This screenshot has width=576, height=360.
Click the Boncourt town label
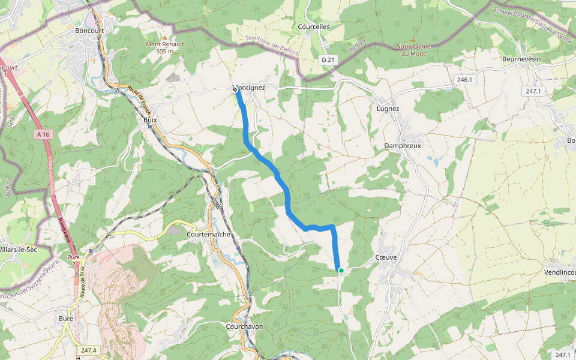click(91, 30)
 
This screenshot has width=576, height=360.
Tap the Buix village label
click(150, 119)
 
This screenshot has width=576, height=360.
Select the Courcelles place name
click(314, 26)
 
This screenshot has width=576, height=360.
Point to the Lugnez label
click(388, 109)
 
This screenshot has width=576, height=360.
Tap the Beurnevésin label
click(521, 59)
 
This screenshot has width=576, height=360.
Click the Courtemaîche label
click(209, 233)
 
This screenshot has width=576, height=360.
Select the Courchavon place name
click(244, 326)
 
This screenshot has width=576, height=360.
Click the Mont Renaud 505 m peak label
click(164, 47)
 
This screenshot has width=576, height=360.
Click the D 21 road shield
click(327, 59)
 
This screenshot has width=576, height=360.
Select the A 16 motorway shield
click(42, 134)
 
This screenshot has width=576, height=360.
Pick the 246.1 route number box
click(464, 80)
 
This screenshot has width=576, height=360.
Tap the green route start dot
click(341, 271)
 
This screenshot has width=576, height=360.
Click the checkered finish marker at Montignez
click(235, 89)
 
